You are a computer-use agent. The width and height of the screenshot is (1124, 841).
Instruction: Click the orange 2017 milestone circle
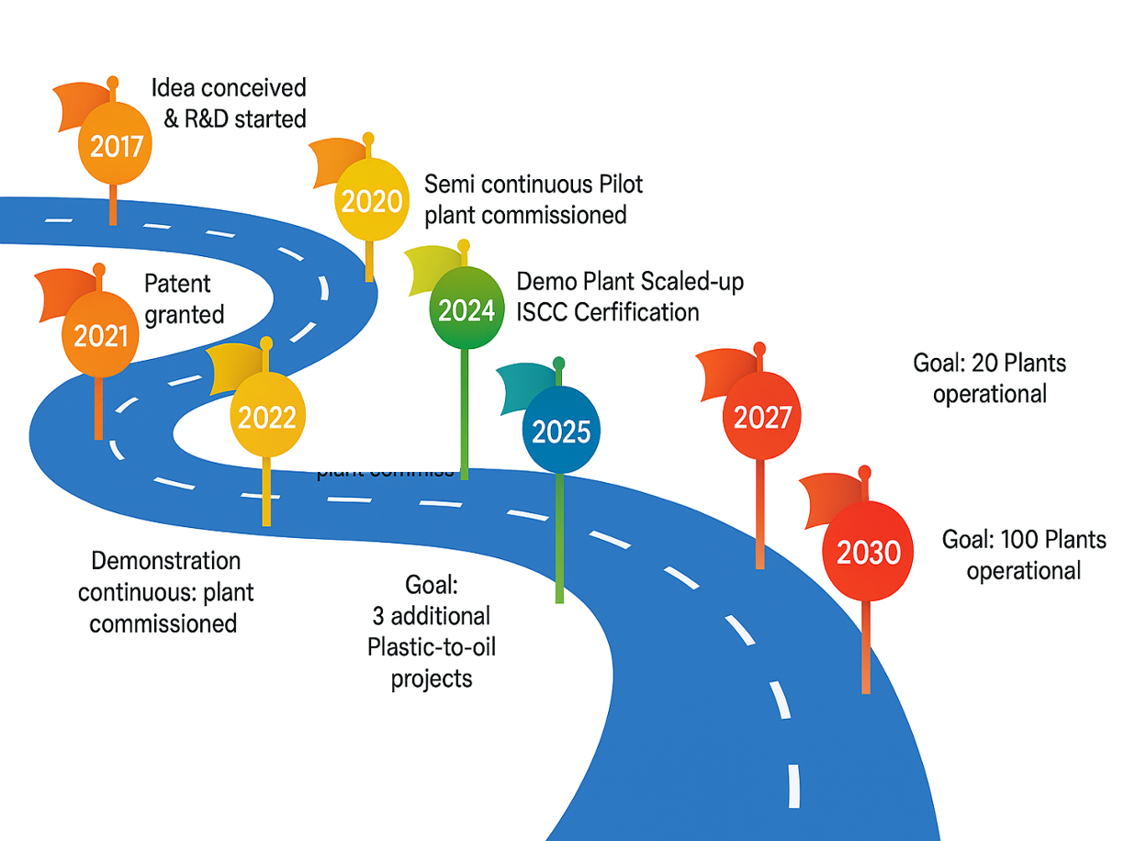pos(116,145)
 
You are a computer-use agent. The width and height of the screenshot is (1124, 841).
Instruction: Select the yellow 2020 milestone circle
pos(372,201)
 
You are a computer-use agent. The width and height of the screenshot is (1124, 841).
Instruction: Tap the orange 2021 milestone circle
pos(101,336)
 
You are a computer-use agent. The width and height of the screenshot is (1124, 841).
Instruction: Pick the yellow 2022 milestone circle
pos(266,418)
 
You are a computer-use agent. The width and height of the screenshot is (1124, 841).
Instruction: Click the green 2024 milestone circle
pos(466,310)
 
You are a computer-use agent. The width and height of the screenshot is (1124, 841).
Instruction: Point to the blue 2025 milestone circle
pos(561,431)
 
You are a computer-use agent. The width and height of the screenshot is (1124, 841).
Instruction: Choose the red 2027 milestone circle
pos(762,418)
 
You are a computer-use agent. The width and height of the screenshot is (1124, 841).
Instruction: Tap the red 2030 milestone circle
pos(868,554)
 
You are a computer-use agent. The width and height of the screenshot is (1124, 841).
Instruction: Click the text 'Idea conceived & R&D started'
pos(230,103)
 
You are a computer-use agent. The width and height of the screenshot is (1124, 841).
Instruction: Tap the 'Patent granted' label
pos(184,299)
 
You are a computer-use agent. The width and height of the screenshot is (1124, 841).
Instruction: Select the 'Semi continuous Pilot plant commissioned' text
pos(533,199)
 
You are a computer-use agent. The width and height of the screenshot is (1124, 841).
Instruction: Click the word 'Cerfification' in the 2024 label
pos(637,312)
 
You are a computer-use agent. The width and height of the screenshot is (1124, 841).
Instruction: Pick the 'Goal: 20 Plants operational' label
pos(989,378)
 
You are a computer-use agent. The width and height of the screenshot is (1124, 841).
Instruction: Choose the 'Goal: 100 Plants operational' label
pos(1024,555)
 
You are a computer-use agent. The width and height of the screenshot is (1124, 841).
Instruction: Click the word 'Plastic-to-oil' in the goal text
pos(432,647)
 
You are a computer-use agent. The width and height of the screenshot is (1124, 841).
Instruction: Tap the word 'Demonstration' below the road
pos(152,561)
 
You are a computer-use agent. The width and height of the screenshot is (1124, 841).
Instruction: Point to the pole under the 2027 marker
pos(760,514)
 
